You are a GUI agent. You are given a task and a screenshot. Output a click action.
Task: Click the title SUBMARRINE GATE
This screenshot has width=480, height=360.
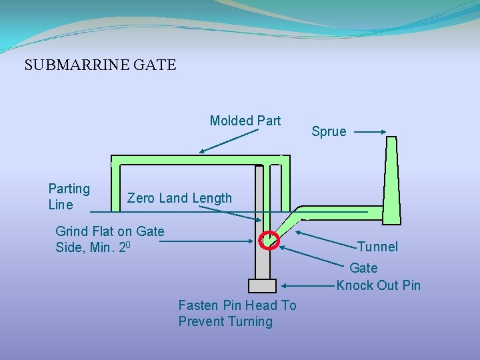click(x=100, y=65)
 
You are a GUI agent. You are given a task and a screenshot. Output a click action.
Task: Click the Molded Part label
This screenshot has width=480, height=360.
click(x=245, y=121)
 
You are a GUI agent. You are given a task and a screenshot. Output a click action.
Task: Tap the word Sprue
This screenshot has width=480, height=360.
click(x=329, y=131)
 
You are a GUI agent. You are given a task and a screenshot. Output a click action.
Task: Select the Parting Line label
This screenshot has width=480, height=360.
click(x=69, y=197)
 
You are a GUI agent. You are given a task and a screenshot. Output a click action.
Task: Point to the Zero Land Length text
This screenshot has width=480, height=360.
click(x=179, y=198)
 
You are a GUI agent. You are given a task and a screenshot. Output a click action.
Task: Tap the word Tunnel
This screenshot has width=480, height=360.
click(x=377, y=247)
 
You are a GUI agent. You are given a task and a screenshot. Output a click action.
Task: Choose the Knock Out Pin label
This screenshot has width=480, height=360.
click(x=378, y=285)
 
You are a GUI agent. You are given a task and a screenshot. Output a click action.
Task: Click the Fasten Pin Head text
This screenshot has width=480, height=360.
click(x=237, y=313)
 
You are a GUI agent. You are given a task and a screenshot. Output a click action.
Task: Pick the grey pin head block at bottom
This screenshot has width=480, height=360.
click(x=262, y=285)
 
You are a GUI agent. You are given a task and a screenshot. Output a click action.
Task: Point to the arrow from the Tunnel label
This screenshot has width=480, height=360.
click(x=327, y=239)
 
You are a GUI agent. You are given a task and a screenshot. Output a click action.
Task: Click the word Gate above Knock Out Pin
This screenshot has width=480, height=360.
click(x=363, y=268)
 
